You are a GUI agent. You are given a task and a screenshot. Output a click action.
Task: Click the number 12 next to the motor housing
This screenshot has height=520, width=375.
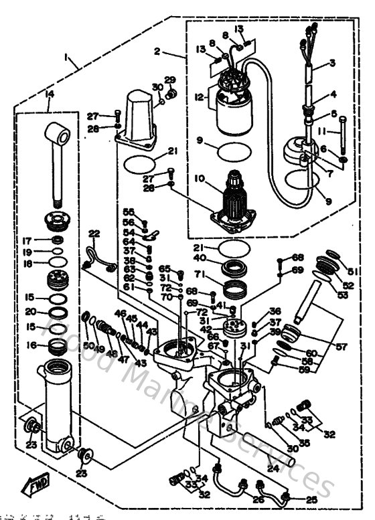click(199, 96)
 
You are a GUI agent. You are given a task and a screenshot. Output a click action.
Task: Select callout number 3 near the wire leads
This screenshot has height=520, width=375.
click(332, 64)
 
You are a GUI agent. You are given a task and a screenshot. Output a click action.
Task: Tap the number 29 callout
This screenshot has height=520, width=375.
click(170, 80)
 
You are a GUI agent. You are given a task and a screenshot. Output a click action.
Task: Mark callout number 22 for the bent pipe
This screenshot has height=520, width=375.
click(94, 233)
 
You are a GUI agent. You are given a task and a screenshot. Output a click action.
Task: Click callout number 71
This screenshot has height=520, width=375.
click(199, 274)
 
